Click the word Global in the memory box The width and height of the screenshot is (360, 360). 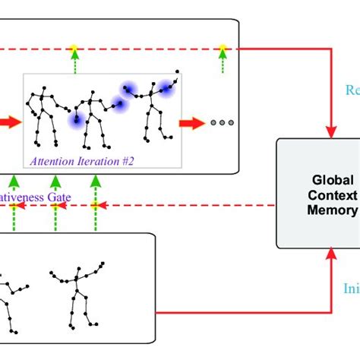333,180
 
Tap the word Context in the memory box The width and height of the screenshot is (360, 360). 333,195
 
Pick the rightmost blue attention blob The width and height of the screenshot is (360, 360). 165,88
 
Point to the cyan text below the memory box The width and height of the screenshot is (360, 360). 352,289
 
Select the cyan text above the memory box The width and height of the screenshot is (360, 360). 352,90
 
